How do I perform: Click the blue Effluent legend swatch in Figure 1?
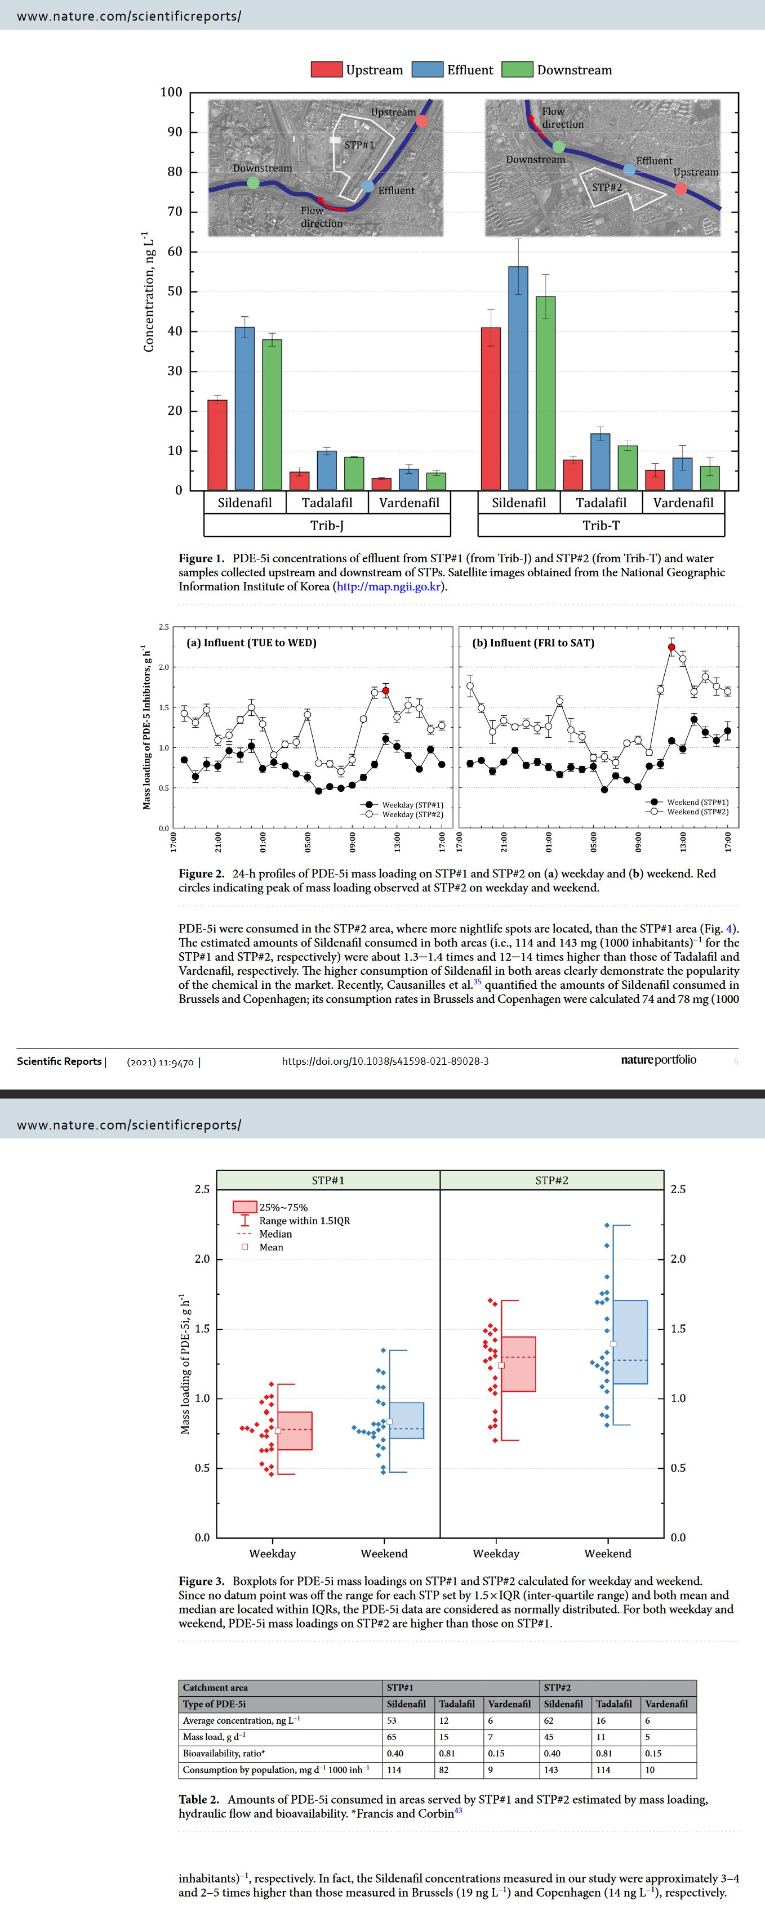428,70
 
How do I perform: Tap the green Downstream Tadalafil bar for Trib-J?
354,473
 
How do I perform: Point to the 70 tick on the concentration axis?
175,212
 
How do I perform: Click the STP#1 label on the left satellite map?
359,145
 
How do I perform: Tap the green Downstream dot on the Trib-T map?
558,147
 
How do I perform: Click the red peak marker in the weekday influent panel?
385,691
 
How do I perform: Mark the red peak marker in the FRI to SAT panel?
671,647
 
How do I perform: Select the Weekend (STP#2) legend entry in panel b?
697,812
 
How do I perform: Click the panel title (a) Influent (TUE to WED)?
251,643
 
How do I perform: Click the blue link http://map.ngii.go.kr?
389,586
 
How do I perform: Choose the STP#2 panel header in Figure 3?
551,1180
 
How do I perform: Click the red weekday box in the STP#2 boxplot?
518,1364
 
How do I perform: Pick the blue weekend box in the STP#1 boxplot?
407,1420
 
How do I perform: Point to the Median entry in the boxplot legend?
275,1234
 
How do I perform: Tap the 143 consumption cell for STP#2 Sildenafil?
551,1770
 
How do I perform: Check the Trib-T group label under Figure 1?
601,525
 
